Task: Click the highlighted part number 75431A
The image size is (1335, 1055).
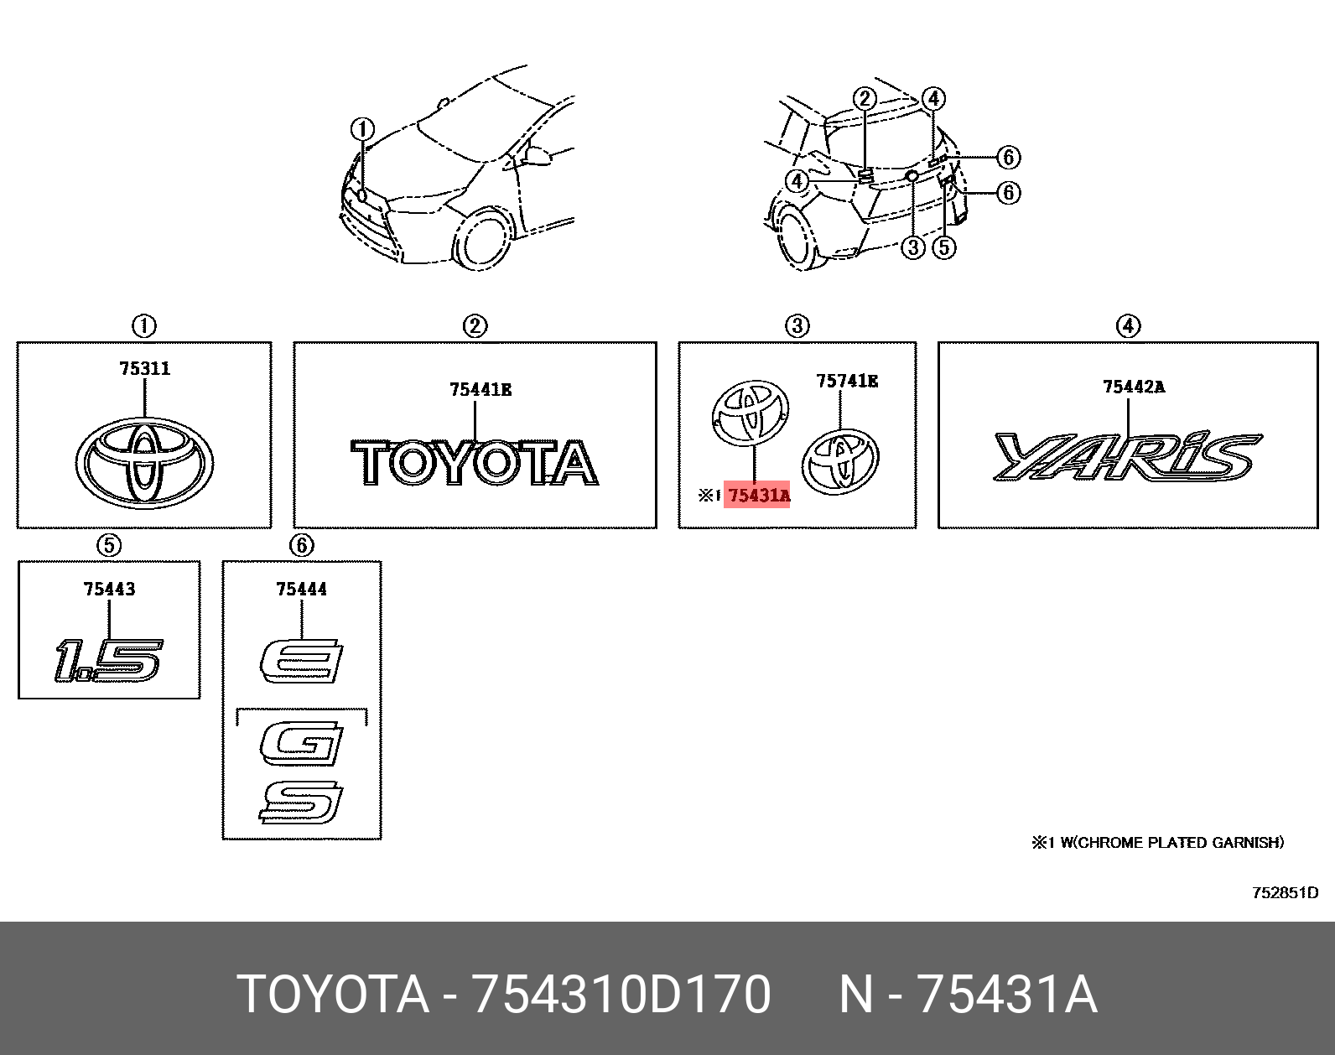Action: (x=759, y=496)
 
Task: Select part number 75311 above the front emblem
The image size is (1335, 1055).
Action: (x=144, y=369)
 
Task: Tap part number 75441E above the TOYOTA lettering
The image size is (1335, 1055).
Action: (x=480, y=390)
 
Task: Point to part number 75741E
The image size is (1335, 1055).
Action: (x=847, y=381)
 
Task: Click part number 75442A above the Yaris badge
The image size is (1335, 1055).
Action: (x=1134, y=387)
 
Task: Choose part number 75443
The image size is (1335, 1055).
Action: (x=109, y=589)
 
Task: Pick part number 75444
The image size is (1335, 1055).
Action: (x=302, y=589)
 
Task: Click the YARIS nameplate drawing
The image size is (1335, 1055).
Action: (x=1128, y=457)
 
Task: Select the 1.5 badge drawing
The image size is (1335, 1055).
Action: (x=109, y=660)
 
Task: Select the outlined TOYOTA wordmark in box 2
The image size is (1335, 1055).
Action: (x=475, y=462)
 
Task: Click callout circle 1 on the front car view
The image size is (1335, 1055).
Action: (x=363, y=130)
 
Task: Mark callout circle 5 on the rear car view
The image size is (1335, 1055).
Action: (x=944, y=247)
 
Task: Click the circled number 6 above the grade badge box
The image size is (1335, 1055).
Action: (x=302, y=545)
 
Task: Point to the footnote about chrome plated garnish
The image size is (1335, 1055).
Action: (x=1157, y=843)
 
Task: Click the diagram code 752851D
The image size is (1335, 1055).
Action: (x=1285, y=893)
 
